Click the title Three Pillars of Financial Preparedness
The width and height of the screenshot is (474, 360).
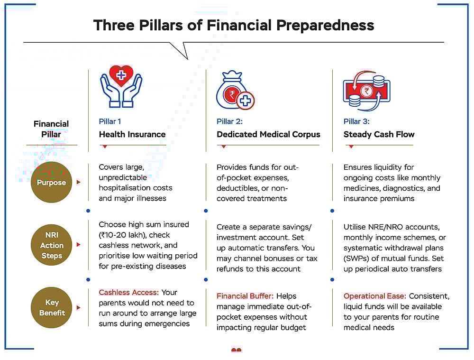coord(234,26)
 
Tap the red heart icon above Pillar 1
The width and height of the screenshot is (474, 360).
coord(121,75)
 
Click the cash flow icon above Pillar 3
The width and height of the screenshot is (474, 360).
coord(367,91)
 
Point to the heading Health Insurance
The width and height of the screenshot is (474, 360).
coord(132,134)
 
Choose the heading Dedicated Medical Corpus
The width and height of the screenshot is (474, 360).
coord(268,134)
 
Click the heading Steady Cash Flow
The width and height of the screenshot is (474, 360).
coord(379,134)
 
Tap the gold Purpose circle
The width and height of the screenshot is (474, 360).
coord(51,182)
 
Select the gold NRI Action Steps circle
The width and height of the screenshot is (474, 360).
coord(51,245)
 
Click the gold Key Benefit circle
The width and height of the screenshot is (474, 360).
coord(51,307)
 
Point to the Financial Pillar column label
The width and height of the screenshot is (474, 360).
coord(51,129)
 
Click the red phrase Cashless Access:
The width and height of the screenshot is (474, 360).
coord(128,292)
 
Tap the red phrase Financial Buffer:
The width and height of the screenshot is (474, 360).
coord(245,296)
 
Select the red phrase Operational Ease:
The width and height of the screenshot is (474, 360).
coord(374,296)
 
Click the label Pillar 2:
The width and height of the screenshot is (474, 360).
coord(229,121)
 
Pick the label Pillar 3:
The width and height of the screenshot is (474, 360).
coord(356,121)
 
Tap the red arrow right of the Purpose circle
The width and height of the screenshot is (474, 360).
coord(79,182)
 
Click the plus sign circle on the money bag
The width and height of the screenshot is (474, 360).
coord(245,101)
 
